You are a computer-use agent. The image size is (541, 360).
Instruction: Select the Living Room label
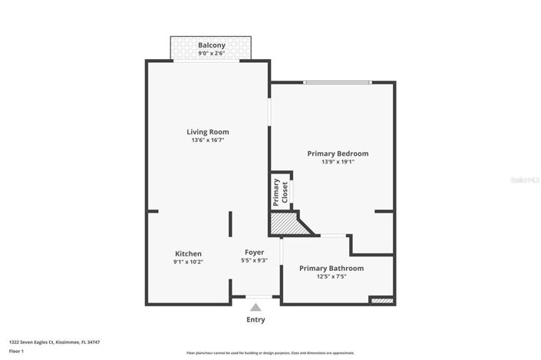[208, 131]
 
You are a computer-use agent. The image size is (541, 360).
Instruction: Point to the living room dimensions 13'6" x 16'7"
[208, 140]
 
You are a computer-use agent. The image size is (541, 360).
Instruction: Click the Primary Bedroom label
[338, 154]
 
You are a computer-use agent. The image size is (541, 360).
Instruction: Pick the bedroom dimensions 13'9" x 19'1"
[338, 163]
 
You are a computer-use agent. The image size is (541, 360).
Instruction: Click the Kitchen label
[188, 253]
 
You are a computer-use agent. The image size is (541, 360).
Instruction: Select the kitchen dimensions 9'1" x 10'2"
[188, 262]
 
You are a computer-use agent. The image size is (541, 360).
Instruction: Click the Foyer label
[254, 252]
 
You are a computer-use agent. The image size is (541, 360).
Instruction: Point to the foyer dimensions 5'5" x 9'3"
[254, 261]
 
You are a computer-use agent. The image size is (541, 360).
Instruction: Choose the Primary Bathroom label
[332, 268]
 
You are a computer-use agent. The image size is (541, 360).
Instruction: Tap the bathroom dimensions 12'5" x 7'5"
[332, 276]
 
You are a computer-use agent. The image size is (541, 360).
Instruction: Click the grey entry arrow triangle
[256, 307]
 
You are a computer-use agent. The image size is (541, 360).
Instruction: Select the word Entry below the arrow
[256, 319]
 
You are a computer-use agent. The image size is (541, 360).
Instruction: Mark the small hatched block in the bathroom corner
[381, 300]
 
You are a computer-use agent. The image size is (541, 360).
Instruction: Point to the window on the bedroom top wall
[338, 82]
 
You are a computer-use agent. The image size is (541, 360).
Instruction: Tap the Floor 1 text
[16, 352]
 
